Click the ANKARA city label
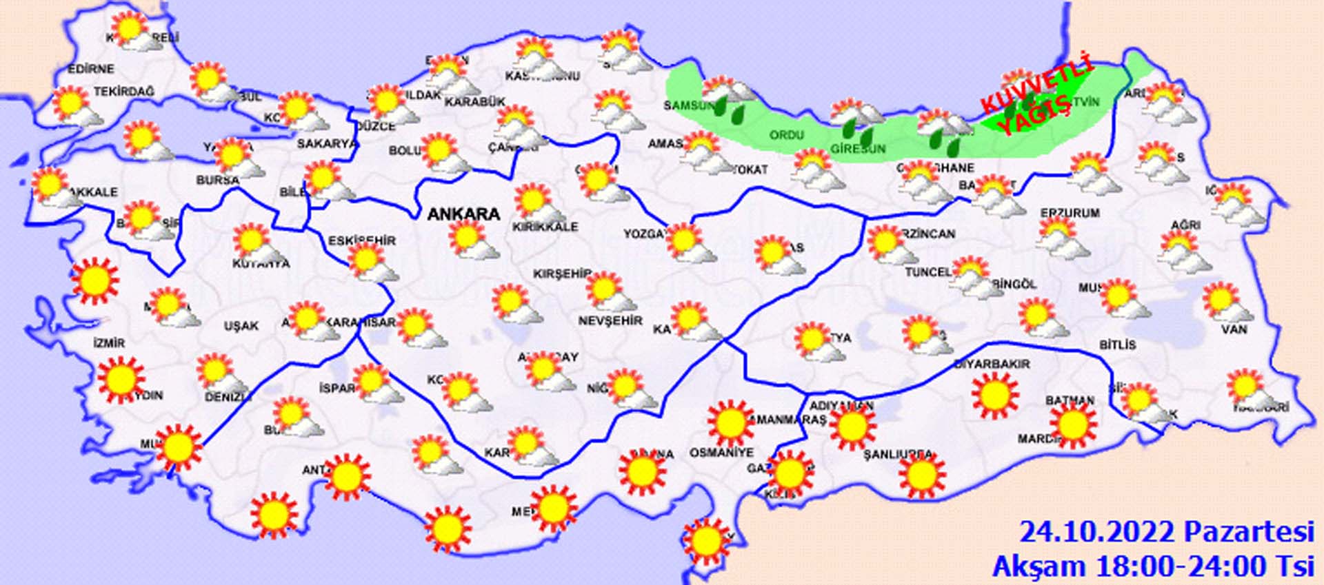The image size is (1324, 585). [x=463, y=214]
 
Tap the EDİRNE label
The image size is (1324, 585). [x=91, y=69]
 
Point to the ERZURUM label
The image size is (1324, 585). [x=1070, y=213]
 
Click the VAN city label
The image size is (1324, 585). [x=1234, y=329]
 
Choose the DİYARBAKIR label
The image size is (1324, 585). [x=992, y=364]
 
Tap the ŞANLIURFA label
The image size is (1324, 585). [x=899, y=455]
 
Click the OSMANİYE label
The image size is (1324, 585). [x=721, y=453]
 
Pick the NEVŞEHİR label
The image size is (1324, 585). [x=610, y=321]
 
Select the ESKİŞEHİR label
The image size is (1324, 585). [x=361, y=240]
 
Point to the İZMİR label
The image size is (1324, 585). [x=109, y=343]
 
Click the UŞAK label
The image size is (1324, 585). [x=241, y=326]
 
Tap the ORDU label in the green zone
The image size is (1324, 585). [x=786, y=135]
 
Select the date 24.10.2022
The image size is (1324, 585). [x=1096, y=533]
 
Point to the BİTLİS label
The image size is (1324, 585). [x=1117, y=344]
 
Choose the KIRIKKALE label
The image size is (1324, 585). [x=545, y=227]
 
